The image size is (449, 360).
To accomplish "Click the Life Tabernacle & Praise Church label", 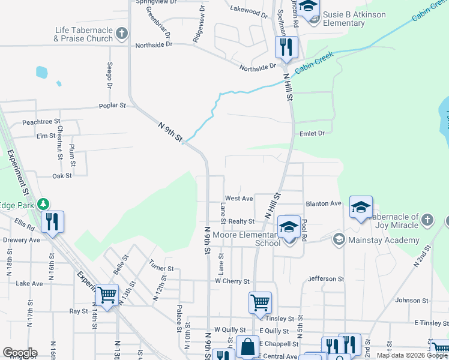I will pyautogui.click(x=83, y=34).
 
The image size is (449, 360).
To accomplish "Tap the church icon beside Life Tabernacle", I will pyautogui.click(x=122, y=33).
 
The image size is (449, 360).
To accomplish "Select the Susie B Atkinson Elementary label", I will pyautogui.click(x=352, y=19).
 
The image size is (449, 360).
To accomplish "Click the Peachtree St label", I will pyautogui.click(x=41, y=122).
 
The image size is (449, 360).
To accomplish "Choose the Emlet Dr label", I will pyautogui.click(x=312, y=133).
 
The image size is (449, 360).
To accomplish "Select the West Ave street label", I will pyautogui.click(x=239, y=198).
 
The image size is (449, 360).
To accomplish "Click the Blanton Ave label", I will pyautogui.click(x=324, y=203).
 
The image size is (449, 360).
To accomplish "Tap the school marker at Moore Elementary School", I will pyautogui.click(x=289, y=227).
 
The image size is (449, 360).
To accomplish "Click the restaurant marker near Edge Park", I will pyautogui.click(x=53, y=221).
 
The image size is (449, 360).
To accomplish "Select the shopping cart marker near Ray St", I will pyautogui.click(x=107, y=295).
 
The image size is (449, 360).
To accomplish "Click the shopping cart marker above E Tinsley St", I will pyautogui.click(x=260, y=302).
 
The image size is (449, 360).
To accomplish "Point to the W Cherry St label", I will pyautogui.click(x=232, y=281).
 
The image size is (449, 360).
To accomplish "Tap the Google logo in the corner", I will pyautogui.click(x=19, y=353).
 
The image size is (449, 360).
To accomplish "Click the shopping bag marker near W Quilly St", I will pyautogui.click(x=247, y=346).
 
